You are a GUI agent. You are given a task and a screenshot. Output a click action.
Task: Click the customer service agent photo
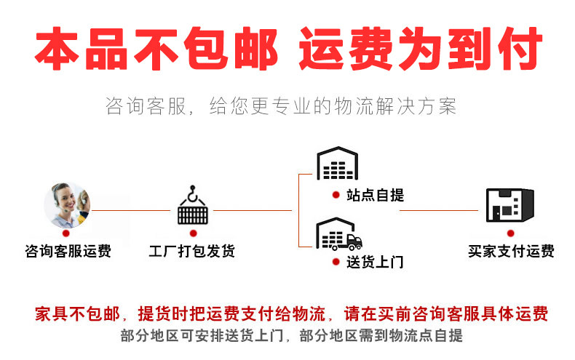pyautogui.click(x=67, y=204)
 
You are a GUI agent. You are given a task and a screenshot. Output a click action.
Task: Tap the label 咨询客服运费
pyautogui.click(x=68, y=252)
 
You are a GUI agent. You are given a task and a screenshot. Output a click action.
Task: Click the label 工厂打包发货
pyautogui.click(x=192, y=252)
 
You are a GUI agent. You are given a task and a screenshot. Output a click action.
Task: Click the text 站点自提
pyautogui.click(x=376, y=195)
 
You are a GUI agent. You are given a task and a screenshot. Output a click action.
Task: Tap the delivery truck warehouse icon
pyautogui.click(x=339, y=233)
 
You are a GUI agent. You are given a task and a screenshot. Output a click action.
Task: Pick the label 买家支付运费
pyautogui.click(x=511, y=252)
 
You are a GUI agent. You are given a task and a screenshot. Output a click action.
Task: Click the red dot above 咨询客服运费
pyautogui.click(x=68, y=234)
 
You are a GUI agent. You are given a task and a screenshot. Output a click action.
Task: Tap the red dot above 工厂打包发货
pyautogui.click(x=193, y=233)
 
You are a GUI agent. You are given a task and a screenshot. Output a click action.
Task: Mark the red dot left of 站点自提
pyautogui.click(x=336, y=195)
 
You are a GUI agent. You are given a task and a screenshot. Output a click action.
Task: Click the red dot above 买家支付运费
pyautogui.click(x=510, y=233)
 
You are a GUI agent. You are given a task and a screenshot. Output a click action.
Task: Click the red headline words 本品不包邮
pyautogui.click(x=156, y=50)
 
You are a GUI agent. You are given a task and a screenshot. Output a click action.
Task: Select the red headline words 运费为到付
pyautogui.click(x=421, y=50)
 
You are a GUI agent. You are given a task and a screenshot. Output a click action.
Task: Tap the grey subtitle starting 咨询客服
pyautogui.click(x=281, y=107)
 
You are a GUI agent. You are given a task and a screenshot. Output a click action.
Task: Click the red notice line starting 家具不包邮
pyautogui.click(x=291, y=314)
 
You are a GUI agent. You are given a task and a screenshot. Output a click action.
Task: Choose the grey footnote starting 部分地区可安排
pyautogui.click(x=291, y=336)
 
